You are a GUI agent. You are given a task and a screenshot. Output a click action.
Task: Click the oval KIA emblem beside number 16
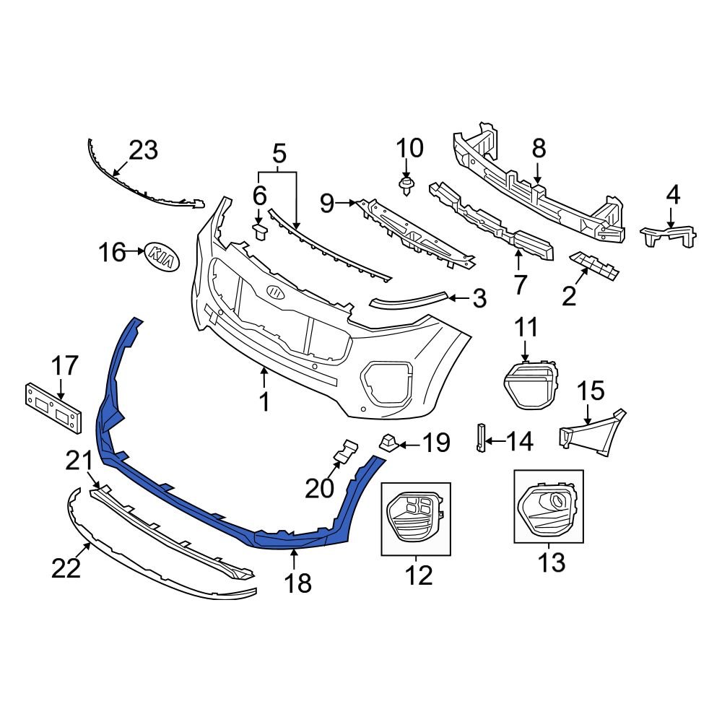162,257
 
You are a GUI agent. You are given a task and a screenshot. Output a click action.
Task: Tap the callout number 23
143,151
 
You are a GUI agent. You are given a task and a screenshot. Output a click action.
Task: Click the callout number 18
298,583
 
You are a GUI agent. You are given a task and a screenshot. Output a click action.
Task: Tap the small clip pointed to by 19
388,440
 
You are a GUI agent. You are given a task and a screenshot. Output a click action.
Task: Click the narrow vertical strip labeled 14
479,438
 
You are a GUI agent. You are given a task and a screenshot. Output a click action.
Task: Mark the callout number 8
539,149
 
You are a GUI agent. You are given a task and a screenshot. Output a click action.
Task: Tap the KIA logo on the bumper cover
276,292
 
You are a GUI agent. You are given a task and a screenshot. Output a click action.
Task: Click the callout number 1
264,401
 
